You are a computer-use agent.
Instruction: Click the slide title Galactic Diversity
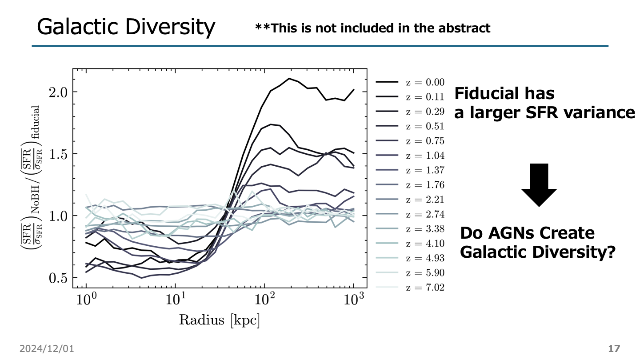coord(126,27)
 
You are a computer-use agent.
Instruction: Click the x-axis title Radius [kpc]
coord(219,320)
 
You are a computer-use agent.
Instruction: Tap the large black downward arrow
coord(539,184)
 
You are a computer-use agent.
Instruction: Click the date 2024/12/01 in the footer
coord(46,349)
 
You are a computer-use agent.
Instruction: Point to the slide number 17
coord(614,349)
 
